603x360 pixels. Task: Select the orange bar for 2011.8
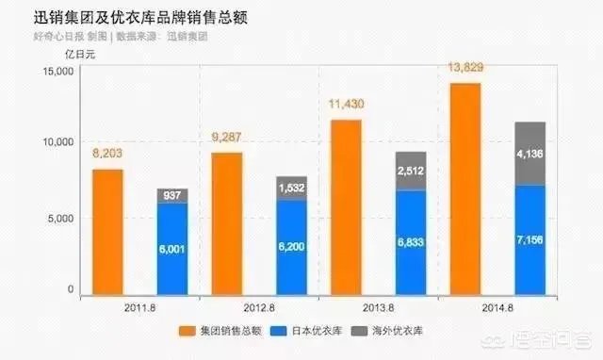[x=106, y=231]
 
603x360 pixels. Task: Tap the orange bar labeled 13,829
[x=464, y=188]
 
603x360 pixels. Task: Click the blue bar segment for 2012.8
[x=292, y=247]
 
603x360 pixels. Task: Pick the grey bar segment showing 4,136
[x=530, y=153]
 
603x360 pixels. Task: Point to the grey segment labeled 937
[x=171, y=196]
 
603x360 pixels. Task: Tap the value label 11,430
[x=346, y=104]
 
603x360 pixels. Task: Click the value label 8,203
[x=107, y=153]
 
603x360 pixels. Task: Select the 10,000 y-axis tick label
[x=58, y=141]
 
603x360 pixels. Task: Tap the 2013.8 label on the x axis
[x=377, y=308]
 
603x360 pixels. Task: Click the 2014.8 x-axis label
[x=497, y=308]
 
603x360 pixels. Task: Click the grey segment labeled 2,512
[x=411, y=171]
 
